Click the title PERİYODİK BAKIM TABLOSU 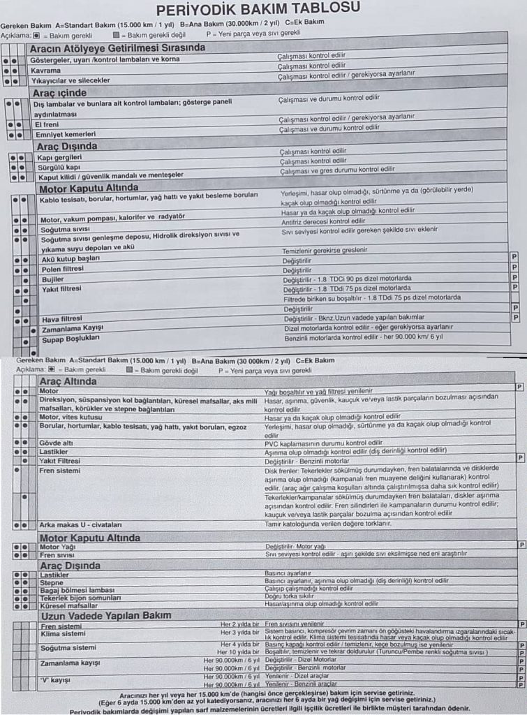(258, 9)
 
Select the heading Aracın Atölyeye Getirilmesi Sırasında (117, 48)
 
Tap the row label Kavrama (46, 71)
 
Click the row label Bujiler (53, 279)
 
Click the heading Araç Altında (68, 382)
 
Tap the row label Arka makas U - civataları (81, 524)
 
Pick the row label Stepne (52, 582)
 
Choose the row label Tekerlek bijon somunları (80, 598)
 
